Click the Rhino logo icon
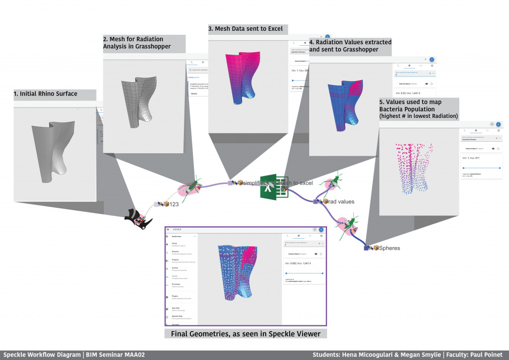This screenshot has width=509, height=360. coord(139,218)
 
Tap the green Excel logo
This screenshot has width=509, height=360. coord(271,187)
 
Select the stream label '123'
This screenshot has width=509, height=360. coord(174,204)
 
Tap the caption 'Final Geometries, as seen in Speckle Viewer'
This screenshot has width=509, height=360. coord(246,334)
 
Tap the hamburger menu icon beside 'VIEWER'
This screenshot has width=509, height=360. coord(169,230)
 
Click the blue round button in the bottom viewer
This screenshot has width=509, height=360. coord(321,230)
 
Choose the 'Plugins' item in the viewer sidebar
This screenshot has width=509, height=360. coord(175,296)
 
